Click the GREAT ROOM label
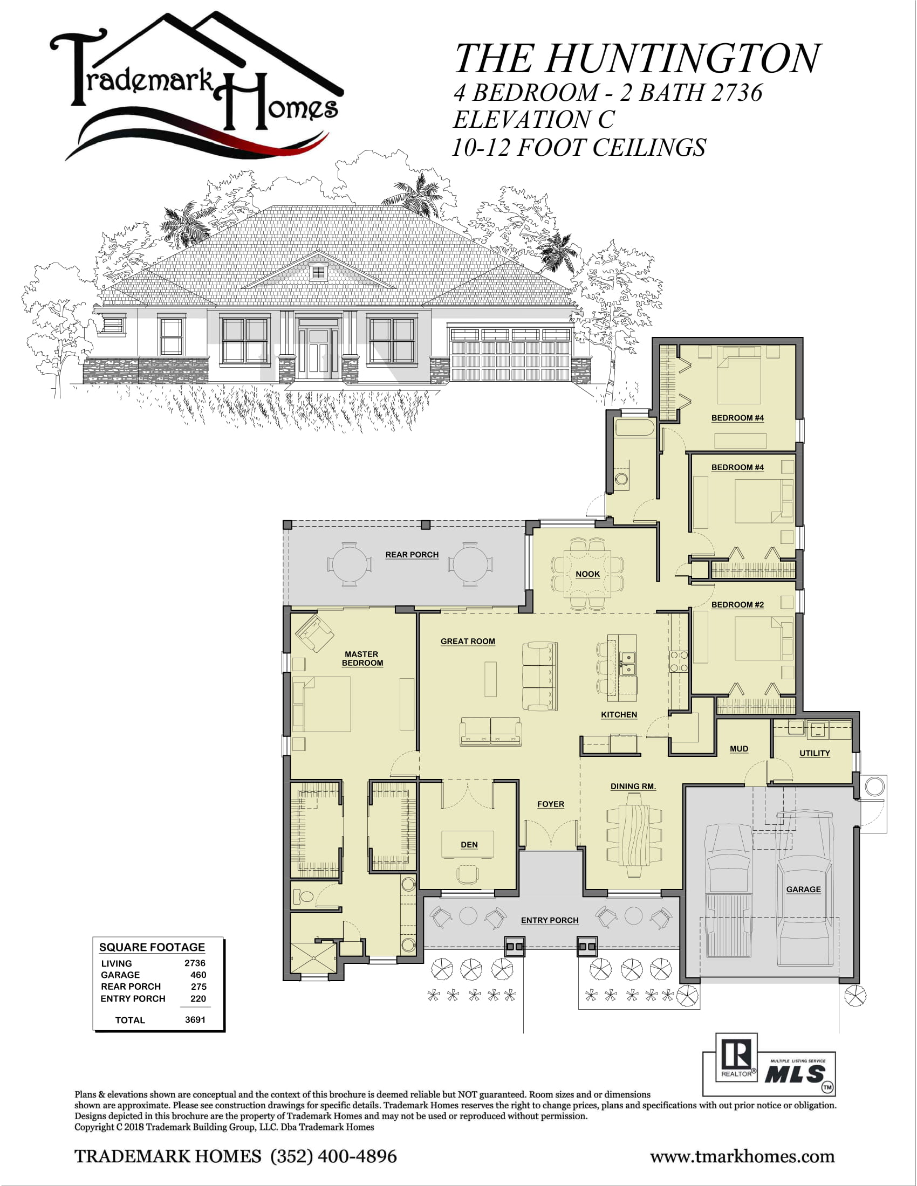(x=468, y=642)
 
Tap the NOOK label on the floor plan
(x=588, y=574)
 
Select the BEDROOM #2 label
(x=737, y=604)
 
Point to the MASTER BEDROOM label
(x=362, y=659)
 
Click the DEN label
(x=469, y=844)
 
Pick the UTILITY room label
(x=815, y=753)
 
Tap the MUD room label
(x=739, y=748)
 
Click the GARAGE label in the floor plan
(x=804, y=889)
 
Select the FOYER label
(x=550, y=804)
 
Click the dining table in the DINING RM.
(x=634, y=835)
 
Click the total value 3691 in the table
(x=195, y=1019)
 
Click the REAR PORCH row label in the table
(x=131, y=986)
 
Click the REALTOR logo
(x=736, y=1057)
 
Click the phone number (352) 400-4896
(x=333, y=1156)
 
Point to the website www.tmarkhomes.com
(x=742, y=1156)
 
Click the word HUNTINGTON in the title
(x=683, y=59)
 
